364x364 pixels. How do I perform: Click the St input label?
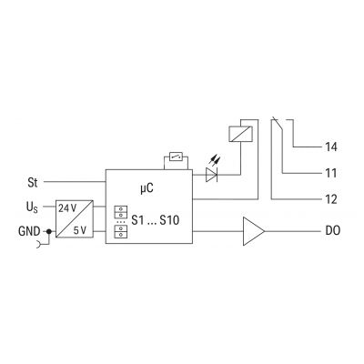pos(33,183)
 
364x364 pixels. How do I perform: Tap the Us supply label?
pos(32,207)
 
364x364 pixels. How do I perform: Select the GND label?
pos(29,231)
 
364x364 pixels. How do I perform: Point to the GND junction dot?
pos(48,232)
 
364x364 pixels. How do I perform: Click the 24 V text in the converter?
pos(67,208)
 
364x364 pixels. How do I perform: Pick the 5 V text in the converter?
pos(80,231)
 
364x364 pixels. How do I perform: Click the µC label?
pos(147,188)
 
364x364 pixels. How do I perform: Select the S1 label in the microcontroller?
pos(137,220)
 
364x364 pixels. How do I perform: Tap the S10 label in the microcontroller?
pos(169,220)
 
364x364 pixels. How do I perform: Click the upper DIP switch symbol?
pos(121,212)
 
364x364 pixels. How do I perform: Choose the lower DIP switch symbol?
pos(121,231)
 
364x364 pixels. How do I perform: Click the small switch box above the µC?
pos(176,157)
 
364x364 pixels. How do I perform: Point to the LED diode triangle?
pos(211,175)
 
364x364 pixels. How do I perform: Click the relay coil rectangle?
pos(240,134)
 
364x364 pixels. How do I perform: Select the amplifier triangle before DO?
pos(254,231)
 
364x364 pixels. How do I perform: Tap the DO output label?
pos(333,231)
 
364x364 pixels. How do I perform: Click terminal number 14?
pos(331,147)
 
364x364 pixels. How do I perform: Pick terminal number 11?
pos(331,173)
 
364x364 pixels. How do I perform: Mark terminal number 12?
pos(331,199)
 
